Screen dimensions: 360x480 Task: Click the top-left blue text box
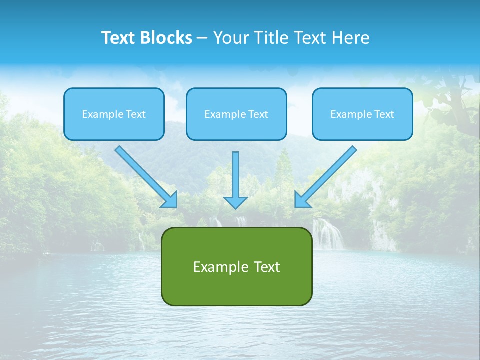coord(114,114)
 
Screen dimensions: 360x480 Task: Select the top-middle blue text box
coord(236,114)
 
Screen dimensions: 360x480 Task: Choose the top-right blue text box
coord(362,114)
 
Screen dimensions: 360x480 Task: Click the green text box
coord(236,266)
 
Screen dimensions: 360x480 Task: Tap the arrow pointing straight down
coord(235,180)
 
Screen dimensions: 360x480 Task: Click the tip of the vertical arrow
coord(235,207)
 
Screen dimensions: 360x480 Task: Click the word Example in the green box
coord(217,267)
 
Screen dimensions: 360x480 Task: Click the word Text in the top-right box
coord(384,114)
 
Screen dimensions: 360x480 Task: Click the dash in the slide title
coord(203,38)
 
